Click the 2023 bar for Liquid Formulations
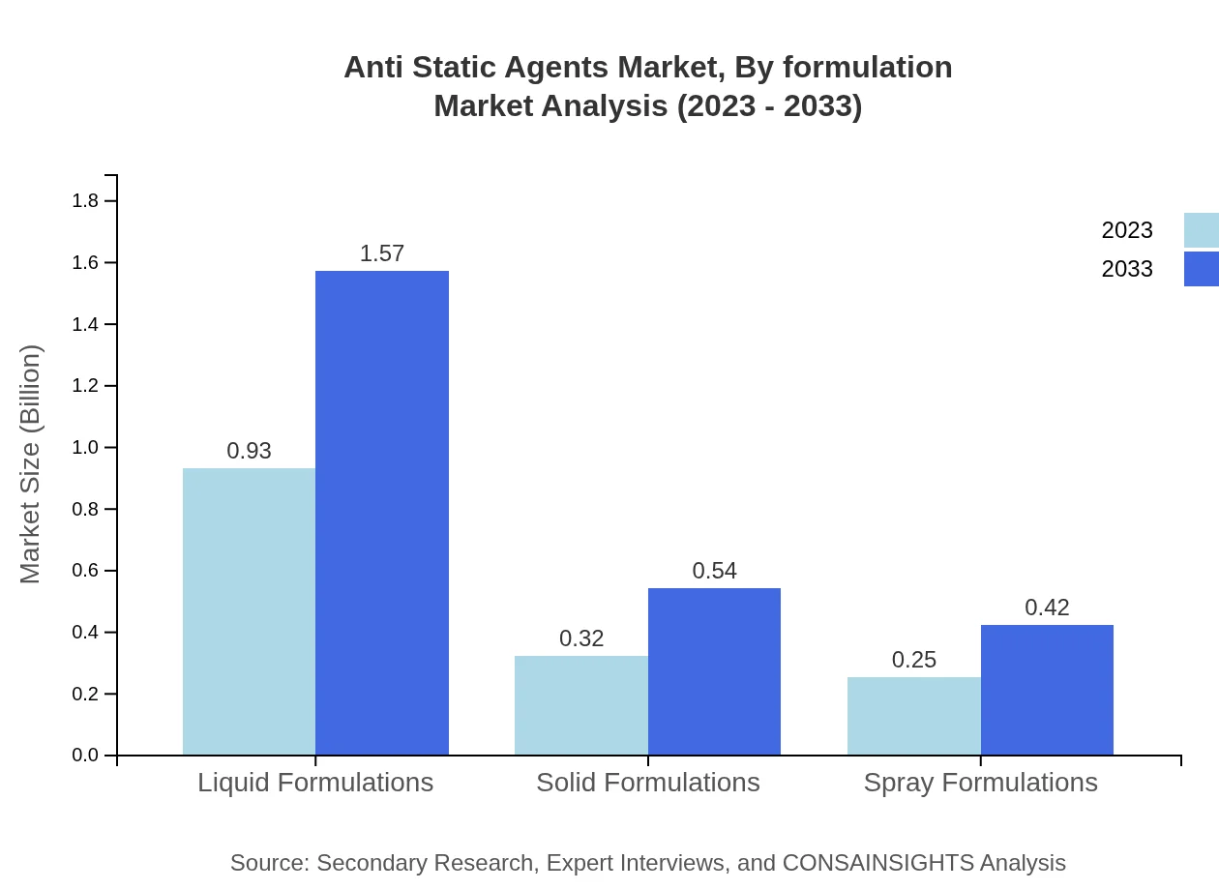[x=249, y=611]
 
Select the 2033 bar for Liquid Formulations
[x=382, y=513]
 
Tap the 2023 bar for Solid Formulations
[x=581, y=705]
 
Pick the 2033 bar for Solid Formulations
[x=714, y=671]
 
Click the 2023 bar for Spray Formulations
[x=914, y=716]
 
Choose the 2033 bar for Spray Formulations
[x=1047, y=690]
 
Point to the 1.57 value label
[x=382, y=253]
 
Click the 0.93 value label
[x=249, y=451]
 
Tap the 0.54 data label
[x=714, y=571]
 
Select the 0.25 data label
[x=914, y=660]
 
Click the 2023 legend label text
[x=1127, y=230]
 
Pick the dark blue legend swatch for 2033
[x=1201, y=269]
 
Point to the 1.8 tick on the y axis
[x=85, y=201]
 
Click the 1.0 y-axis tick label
[x=85, y=448]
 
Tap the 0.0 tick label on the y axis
[x=85, y=756]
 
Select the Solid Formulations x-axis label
[x=648, y=782]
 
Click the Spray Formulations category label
[x=980, y=782]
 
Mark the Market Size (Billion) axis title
[x=30, y=464]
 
